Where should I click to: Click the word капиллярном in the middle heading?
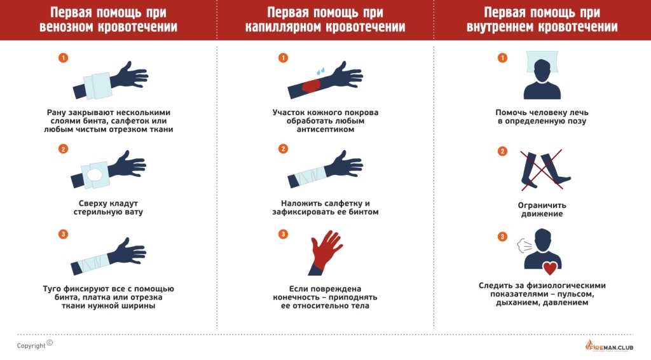tap(283, 27)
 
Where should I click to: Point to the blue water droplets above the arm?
tap(320, 71)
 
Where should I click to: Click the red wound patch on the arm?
tap(311, 86)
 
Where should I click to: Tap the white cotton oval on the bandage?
tap(94, 174)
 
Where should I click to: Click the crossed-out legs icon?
tap(542, 170)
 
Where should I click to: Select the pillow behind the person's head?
tap(542, 62)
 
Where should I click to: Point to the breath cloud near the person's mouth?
tap(524, 246)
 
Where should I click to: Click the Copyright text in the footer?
tap(32, 346)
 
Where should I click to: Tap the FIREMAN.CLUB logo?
tap(609, 345)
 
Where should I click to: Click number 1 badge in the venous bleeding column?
tap(63, 58)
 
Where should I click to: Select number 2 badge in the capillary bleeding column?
tap(283, 149)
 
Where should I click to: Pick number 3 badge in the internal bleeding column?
tap(502, 237)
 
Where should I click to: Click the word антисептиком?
tap(325, 130)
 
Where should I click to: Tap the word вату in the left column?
tap(134, 212)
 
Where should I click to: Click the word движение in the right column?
tap(542, 214)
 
